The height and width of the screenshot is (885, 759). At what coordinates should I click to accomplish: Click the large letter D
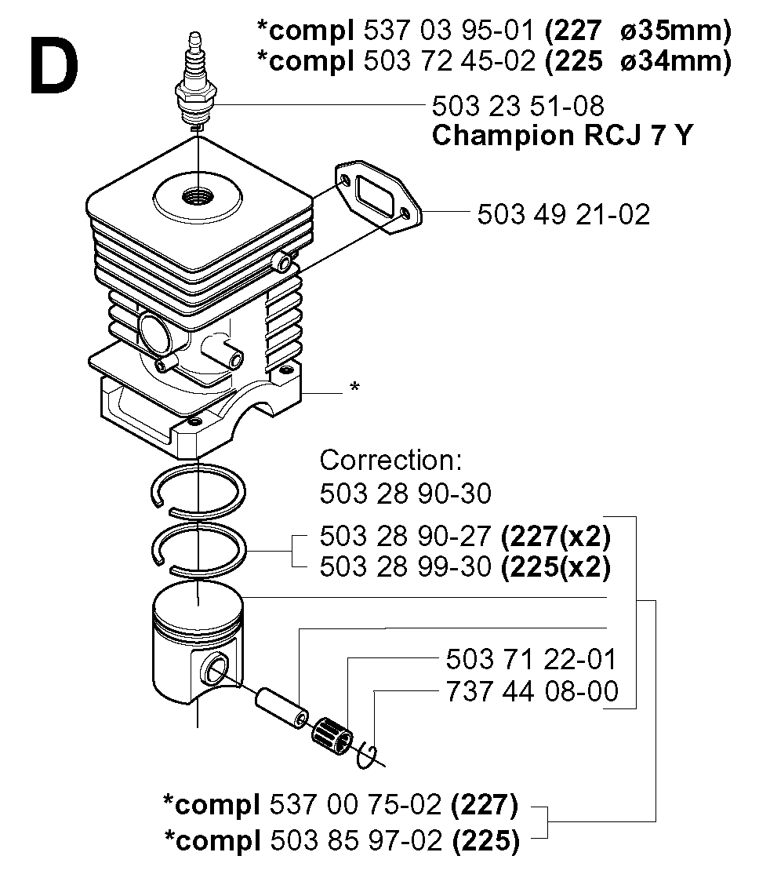coord(53,65)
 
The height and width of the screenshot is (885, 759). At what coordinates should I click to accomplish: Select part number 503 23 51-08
coord(517,106)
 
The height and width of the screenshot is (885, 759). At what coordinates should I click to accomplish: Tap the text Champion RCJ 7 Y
coord(562,136)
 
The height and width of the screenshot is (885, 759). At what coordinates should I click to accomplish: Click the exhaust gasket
coord(378,198)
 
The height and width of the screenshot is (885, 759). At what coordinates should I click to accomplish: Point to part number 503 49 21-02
coord(563,214)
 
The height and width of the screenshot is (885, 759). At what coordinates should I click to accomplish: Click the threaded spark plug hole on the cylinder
coord(198,197)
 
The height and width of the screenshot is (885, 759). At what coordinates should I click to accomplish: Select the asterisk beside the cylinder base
coord(354,387)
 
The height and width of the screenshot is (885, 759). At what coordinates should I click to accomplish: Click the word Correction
coord(390,461)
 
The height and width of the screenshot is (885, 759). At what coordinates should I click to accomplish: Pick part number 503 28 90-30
coord(405,493)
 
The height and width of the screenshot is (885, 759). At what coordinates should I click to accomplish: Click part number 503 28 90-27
coord(405,536)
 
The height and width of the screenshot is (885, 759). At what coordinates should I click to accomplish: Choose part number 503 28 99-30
coord(405,566)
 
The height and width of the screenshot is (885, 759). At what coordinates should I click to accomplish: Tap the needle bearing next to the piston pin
coord(332,735)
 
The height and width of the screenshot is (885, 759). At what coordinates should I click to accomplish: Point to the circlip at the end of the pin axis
coord(367,756)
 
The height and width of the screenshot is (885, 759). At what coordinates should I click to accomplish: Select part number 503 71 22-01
coord(531,659)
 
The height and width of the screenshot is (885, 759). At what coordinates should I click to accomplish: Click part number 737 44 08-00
coord(532,691)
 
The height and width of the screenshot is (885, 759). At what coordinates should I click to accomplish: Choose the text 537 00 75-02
coord(355,804)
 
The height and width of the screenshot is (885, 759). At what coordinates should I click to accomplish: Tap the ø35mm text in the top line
coord(676,31)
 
